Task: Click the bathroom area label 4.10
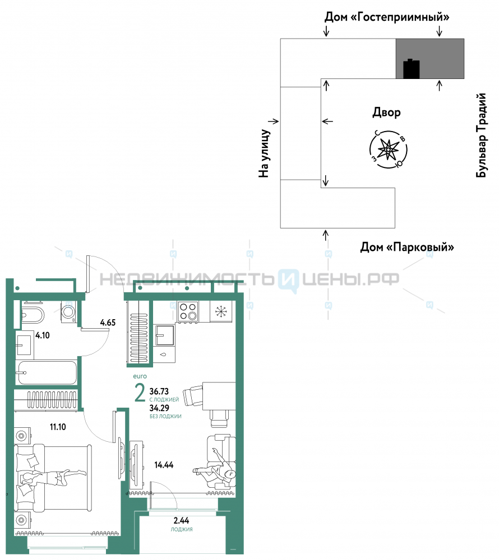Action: click(x=43, y=335)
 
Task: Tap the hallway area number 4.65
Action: click(x=108, y=323)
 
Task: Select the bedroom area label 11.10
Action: click(x=58, y=427)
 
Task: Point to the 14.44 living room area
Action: click(x=164, y=465)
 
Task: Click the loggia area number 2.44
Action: click(x=181, y=521)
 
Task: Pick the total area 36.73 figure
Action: click(x=159, y=391)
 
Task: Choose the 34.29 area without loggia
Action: click(x=159, y=408)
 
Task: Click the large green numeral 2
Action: click(x=140, y=393)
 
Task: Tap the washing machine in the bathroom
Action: click(x=68, y=312)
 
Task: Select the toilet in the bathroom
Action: click(x=33, y=314)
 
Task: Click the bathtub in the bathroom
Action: click(x=47, y=372)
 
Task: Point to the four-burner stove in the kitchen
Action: click(x=188, y=311)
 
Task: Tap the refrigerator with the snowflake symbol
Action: click(x=221, y=312)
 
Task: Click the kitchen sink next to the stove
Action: click(x=165, y=335)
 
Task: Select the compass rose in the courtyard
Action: click(x=388, y=149)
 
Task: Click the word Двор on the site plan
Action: click(x=386, y=113)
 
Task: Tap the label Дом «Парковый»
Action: click(x=407, y=247)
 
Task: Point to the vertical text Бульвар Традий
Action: click(x=482, y=135)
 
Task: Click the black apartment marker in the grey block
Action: click(x=411, y=69)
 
